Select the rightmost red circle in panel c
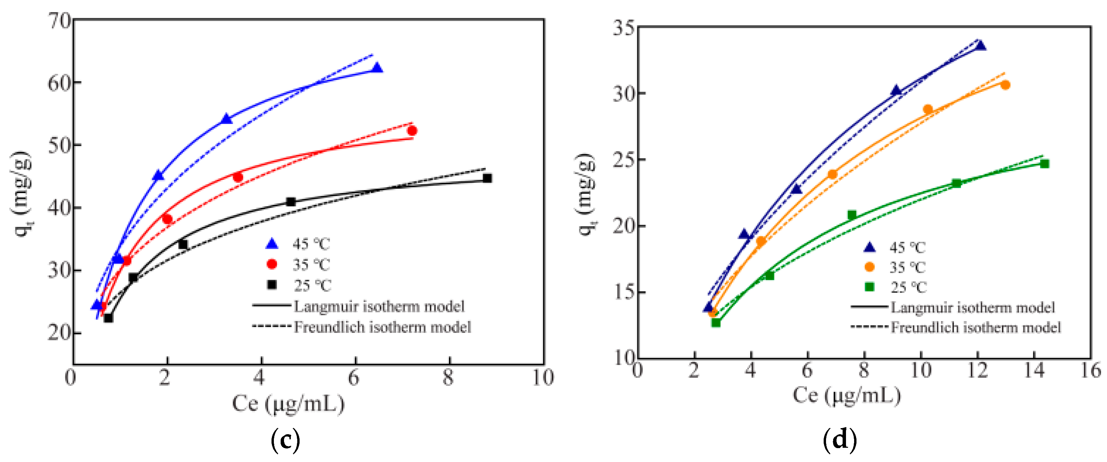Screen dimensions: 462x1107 click(412, 131)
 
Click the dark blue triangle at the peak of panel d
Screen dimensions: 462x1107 click(980, 45)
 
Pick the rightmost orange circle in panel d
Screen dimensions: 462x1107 click(1005, 85)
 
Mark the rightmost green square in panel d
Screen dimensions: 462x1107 click(1045, 164)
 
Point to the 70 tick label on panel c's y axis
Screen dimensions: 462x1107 click(59, 21)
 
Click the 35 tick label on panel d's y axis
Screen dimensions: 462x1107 click(624, 28)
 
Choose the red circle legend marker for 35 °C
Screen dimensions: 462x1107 click(272, 264)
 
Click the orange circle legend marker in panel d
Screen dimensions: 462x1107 click(869, 267)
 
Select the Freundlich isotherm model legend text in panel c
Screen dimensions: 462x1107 click(383, 327)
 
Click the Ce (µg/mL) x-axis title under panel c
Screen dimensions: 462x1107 click(288, 403)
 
